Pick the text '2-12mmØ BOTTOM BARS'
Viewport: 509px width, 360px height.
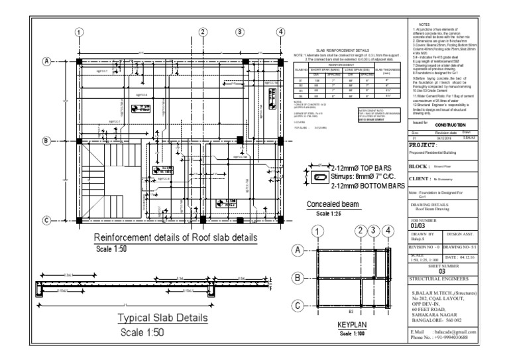coord(367,187)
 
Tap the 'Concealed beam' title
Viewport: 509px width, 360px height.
coord(333,204)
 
